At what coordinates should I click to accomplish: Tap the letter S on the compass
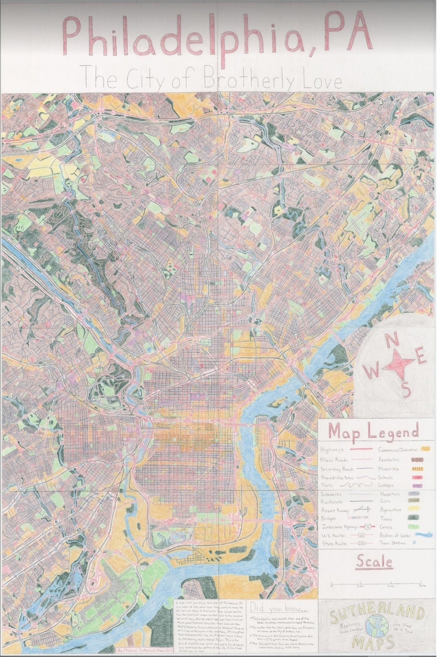406,390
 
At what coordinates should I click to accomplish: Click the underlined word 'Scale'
374,562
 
